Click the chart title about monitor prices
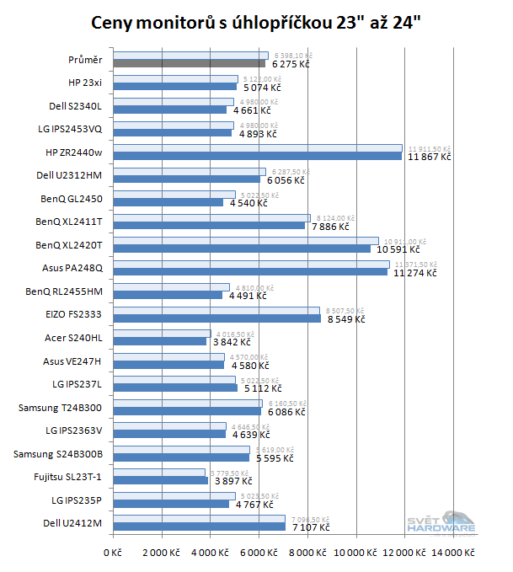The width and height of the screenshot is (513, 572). coord(256,20)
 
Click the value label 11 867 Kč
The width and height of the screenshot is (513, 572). coord(430,157)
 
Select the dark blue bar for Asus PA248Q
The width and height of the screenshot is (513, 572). coord(251,272)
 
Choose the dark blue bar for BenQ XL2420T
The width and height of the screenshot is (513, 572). coord(242,249)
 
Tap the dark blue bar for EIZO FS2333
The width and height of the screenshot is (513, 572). coord(217,318)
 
